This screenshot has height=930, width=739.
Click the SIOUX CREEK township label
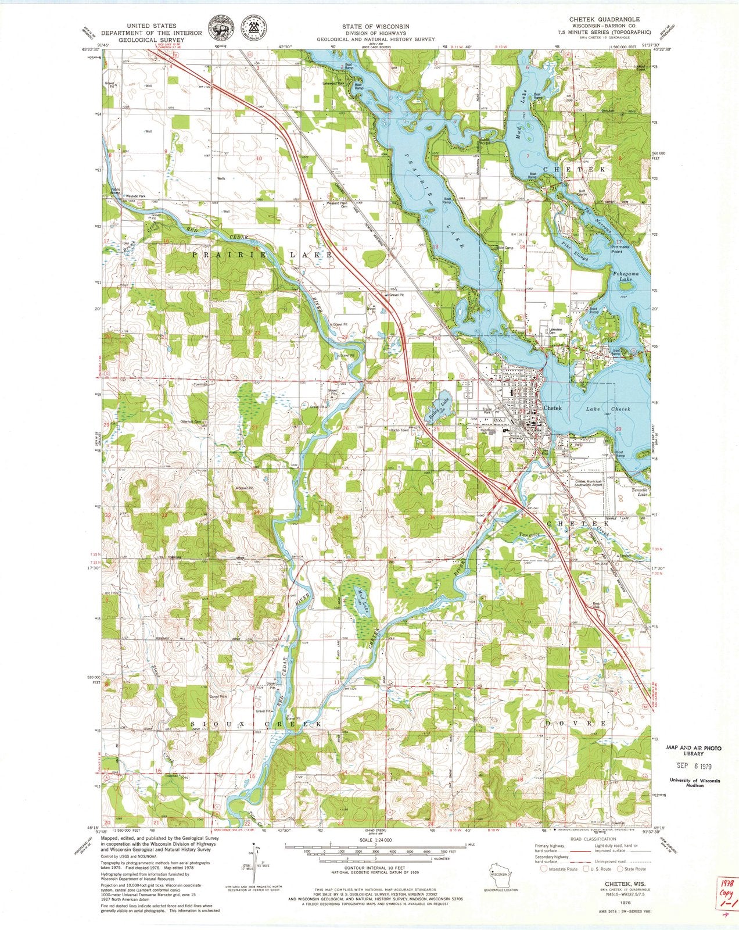point(256,724)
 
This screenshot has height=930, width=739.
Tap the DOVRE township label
point(576,724)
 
